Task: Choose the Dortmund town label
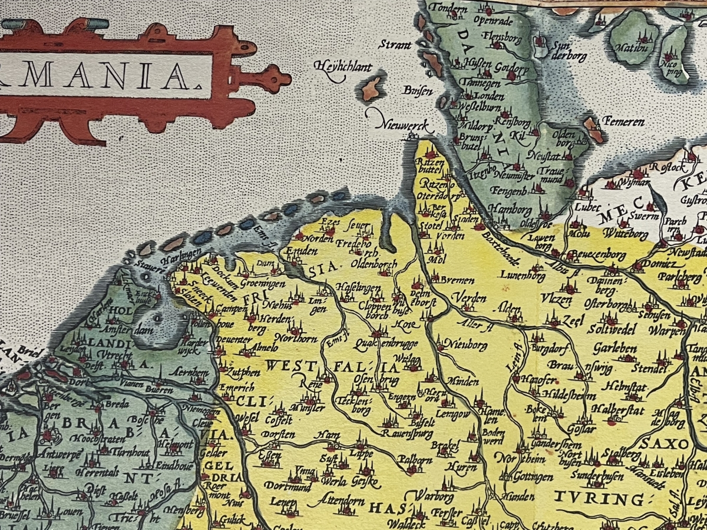[x=288, y=486]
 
